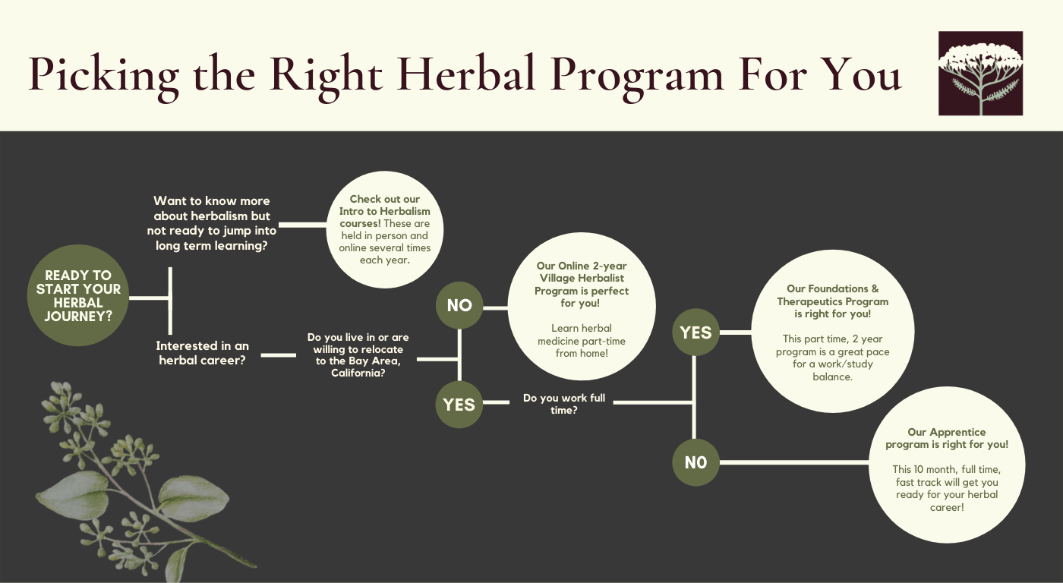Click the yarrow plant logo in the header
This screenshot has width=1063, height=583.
980,74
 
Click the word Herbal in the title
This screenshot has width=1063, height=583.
466,74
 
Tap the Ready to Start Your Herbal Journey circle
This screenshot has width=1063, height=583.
78,295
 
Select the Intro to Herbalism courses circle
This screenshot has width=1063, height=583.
385,229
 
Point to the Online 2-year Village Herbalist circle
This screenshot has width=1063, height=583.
582,307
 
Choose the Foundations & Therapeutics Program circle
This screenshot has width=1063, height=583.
833,332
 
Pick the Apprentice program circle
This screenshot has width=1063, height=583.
947,465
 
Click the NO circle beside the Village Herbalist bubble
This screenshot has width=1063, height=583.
459,305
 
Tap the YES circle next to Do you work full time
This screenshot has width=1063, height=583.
459,405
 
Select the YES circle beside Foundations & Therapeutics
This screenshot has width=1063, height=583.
696,332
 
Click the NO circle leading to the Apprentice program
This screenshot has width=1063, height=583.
696,462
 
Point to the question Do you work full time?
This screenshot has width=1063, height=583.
563,404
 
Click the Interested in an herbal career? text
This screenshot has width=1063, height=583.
202,353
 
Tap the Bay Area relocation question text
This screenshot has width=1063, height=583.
358,355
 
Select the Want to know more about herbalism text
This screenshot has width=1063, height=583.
212,223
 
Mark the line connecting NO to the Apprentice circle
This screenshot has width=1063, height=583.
794,462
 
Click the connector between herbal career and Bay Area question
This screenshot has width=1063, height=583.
279,355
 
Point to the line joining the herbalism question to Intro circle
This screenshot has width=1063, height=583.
303,225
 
